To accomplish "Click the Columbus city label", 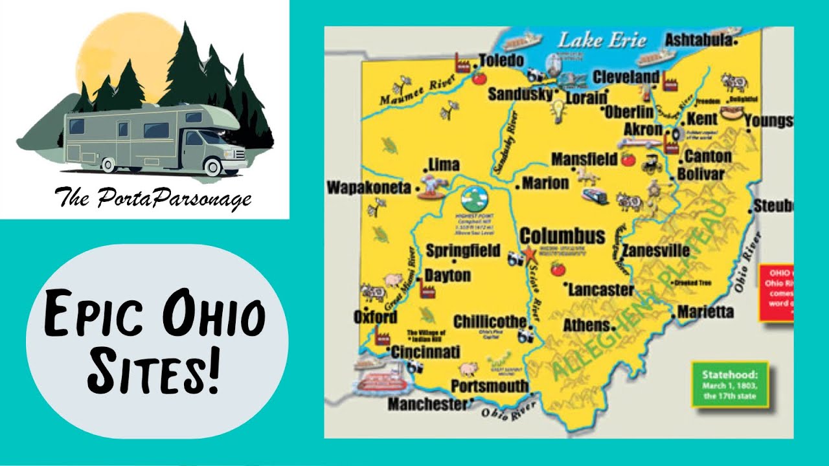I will pos(562,236).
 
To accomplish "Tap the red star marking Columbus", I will pos(528,253).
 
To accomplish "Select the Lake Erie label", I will pos(602,40).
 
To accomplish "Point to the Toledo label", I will pos(501,61).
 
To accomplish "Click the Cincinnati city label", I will pos(426,352).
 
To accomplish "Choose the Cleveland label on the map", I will pos(626,77).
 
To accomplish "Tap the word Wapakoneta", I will pos(369,188).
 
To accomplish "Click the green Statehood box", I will pos(730,384).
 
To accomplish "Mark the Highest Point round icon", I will pos(478,199).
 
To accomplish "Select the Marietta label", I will pos(705,312).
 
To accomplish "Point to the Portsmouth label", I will pos(489,386).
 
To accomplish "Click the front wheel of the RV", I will pos(212,166).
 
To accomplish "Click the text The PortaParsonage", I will pos(153,197).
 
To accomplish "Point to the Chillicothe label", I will pos(490,322).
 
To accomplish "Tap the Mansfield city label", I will pos(584,159).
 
